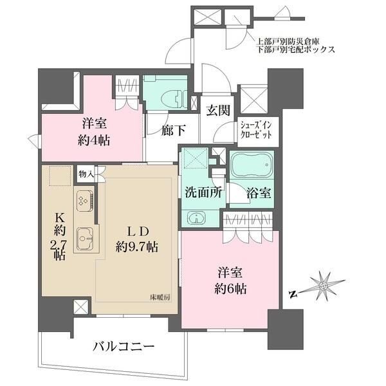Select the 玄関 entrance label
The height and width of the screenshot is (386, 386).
pos(217,109)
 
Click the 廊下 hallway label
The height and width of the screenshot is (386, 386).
pos(173,131)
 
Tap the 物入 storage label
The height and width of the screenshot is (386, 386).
pos(86,174)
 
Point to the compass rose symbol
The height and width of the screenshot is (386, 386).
pos(324,286)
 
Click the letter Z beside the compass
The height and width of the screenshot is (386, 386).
pos(293,295)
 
